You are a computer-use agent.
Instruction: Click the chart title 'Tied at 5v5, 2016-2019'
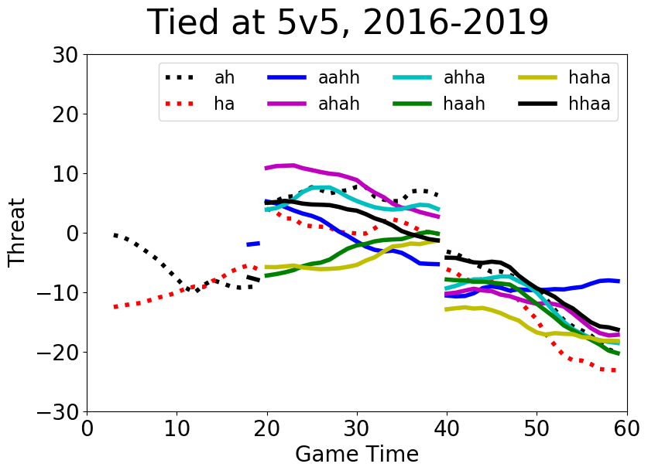point(348,23)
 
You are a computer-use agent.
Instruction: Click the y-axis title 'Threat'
point(17,232)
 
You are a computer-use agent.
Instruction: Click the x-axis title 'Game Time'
point(356,454)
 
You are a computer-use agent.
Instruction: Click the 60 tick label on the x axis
point(626,428)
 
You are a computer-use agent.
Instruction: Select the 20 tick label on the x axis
point(267,428)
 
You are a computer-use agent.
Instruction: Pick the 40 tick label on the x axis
point(447,428)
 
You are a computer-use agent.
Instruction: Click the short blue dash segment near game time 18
point(253,244)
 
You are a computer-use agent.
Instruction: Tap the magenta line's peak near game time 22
point(286,165)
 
